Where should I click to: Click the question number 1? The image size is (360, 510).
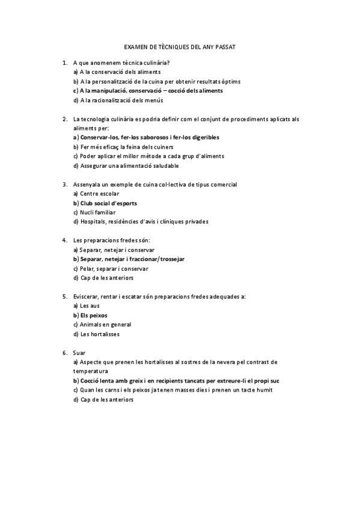tap(64, 62)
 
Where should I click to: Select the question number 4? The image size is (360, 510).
tap(64, 240)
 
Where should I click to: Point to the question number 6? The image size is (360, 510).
tap(64, 352)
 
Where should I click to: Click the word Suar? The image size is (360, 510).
tap(79, 352)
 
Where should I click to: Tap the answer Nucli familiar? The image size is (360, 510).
tap(97, 212)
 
